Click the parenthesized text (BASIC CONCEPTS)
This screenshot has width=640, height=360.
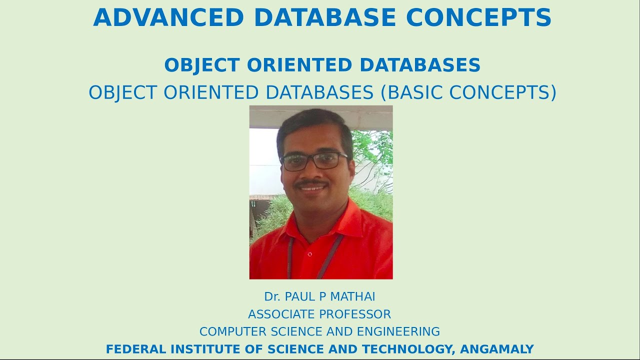point(468,92)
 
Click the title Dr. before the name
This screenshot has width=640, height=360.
point(272,297)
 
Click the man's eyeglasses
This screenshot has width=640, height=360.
point(313,160)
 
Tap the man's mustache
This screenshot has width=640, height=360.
point(310,183)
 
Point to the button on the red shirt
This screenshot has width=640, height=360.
point(310,254)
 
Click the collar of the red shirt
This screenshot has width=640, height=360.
point(345,220)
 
